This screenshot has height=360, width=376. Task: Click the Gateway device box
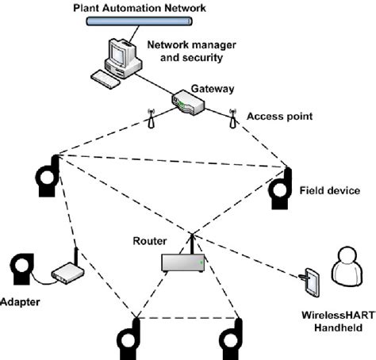(x=190, y=101)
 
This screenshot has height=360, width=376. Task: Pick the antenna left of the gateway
(x=151, y=117)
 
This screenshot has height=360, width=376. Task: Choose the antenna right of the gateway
(x=232, y=117)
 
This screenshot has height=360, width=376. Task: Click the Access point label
(x=279, y=116)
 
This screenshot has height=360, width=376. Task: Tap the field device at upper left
(x=46, y=176)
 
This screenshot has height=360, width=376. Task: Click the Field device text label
(x=330, y=190)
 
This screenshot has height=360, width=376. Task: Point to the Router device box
(x=183, y=262)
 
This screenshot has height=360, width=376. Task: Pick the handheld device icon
(x=310, y=281)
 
